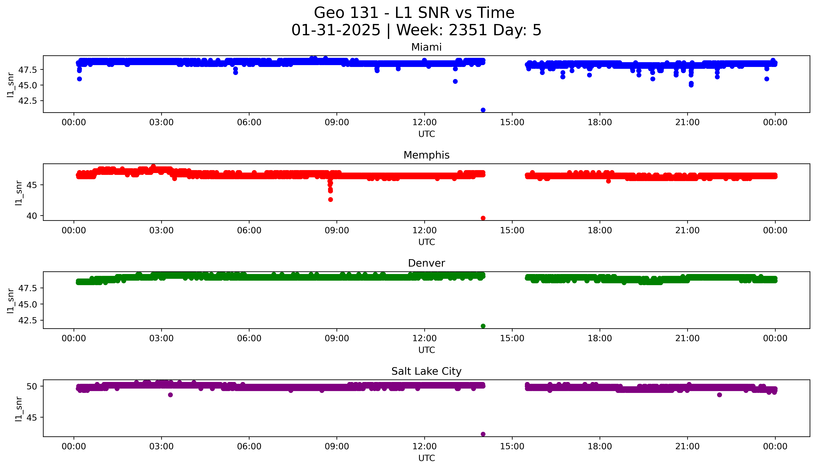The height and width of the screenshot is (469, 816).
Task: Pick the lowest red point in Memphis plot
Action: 483,218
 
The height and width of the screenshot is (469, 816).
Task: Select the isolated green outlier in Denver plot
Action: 483,326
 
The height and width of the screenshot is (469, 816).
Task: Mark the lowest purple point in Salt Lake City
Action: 483,434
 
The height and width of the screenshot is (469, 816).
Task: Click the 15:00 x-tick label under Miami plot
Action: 512,122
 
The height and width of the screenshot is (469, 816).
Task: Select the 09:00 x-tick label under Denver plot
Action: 337,338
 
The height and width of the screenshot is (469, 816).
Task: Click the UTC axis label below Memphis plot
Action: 426,242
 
